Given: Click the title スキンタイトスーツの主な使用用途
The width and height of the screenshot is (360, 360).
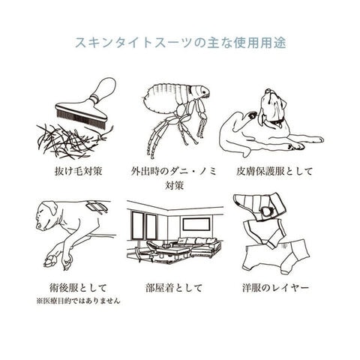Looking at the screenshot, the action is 180,43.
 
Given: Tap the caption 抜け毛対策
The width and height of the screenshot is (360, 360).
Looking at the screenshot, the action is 79,171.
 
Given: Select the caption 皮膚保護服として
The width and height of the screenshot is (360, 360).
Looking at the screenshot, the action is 274,171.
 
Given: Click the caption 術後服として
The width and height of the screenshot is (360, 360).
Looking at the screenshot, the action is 78,288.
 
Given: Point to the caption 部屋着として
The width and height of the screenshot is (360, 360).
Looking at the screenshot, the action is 174,288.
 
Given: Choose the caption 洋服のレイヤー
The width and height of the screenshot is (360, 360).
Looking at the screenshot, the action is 275,288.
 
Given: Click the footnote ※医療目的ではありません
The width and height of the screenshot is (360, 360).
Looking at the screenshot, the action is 78,301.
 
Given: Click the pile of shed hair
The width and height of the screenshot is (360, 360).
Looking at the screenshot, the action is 73,140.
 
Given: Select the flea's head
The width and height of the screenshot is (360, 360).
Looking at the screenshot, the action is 200,91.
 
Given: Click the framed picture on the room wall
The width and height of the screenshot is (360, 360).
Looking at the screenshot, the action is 196,224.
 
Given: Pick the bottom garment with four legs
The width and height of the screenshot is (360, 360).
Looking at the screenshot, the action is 277,256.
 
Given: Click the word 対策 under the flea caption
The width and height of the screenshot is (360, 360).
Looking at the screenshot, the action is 174,186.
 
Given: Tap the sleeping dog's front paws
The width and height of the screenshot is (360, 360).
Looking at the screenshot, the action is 58,261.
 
